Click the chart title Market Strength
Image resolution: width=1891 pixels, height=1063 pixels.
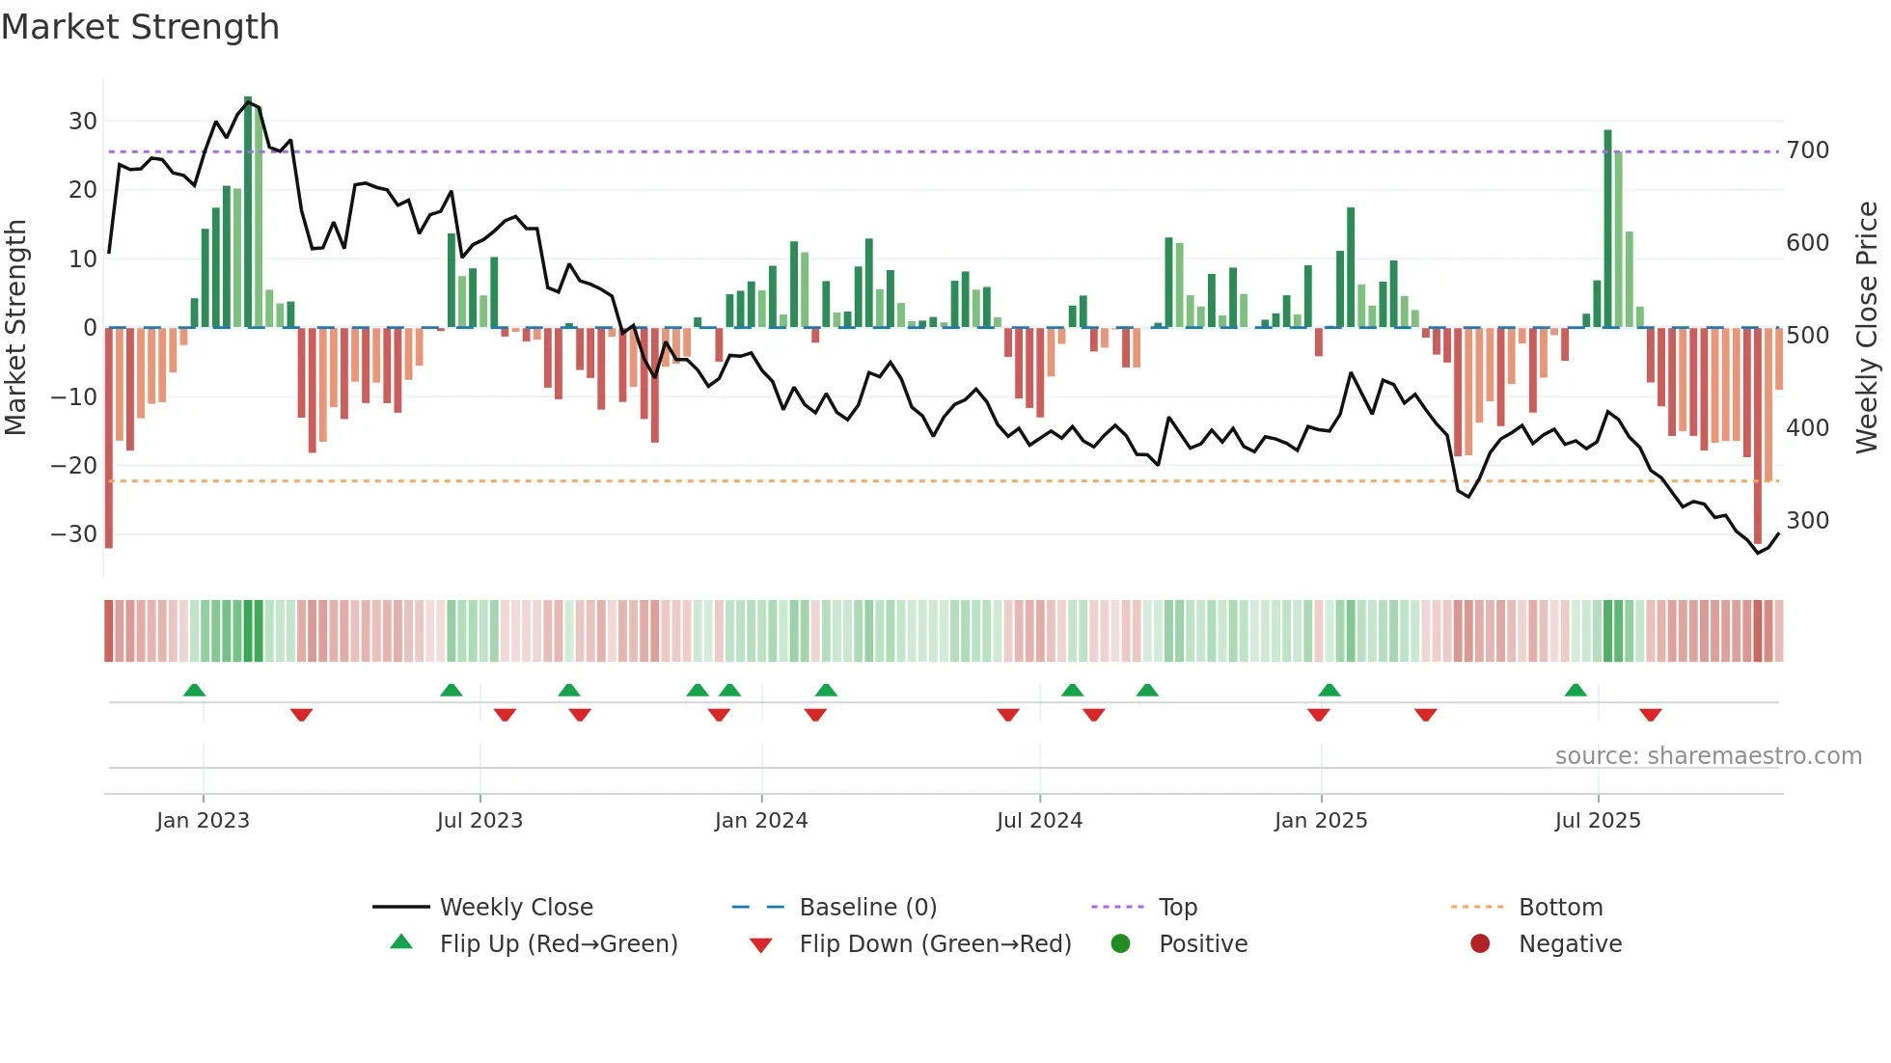click(140, 27)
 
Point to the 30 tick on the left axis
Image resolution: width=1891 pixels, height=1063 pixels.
click(83, 122)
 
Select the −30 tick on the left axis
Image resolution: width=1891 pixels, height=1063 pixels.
click(74, 534)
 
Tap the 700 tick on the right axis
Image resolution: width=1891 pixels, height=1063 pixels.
click(1807, 150)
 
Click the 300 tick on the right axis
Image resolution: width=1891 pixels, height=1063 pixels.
click(1807, 521)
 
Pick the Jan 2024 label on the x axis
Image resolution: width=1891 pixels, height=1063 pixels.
click(760, 821)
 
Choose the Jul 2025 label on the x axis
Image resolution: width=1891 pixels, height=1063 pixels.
click(1597, 821)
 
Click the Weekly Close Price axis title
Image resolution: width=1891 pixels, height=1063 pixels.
click(1867, 328)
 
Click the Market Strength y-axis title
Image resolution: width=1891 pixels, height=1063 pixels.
click(15, 328)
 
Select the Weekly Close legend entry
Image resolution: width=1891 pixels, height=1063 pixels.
click(516, 908)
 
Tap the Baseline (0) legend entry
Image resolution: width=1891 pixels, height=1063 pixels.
click(867, 908)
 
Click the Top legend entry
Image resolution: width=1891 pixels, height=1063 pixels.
click(1177, 908)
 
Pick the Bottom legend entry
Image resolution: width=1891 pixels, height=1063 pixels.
click(1560, 908)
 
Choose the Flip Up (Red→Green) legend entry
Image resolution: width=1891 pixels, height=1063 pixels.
click(559, 944)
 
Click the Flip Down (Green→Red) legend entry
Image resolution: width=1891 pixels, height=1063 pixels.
click(935, 944)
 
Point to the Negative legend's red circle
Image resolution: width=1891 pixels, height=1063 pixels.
click(1479, 944)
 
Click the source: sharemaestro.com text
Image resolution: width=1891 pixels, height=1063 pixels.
click(1708, 756)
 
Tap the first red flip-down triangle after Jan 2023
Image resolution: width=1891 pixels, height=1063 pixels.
click(301, 715)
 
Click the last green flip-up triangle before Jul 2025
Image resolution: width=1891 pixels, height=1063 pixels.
click(1575, 690)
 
